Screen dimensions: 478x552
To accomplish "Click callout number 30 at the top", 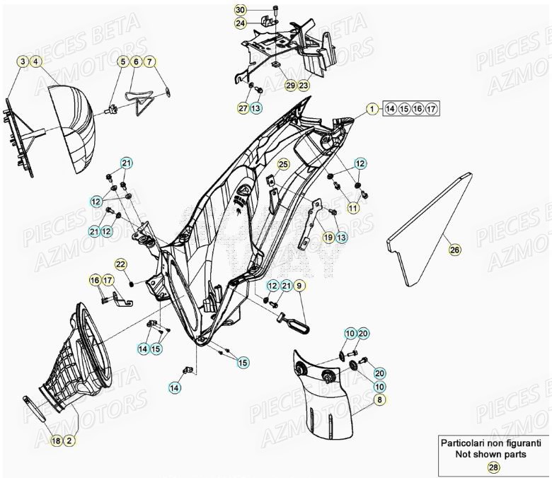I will point(241,10).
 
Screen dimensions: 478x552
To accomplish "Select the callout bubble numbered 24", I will point(241,23).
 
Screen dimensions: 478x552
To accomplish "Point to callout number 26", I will point(454,249).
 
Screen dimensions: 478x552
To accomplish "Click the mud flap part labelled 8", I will point(326,403).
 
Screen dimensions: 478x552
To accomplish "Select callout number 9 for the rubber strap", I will point(299,286).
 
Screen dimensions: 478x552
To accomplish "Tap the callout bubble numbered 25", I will point(283,165).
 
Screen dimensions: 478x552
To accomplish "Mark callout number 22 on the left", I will point(121,264).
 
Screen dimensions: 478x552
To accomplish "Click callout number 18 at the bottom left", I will point(56,441).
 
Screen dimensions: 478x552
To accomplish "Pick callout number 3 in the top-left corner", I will point(24,62).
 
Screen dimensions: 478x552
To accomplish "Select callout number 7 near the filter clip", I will point(150,62).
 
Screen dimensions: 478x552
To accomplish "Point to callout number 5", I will point(123,62).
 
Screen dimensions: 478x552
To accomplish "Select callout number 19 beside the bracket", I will point(328,238).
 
